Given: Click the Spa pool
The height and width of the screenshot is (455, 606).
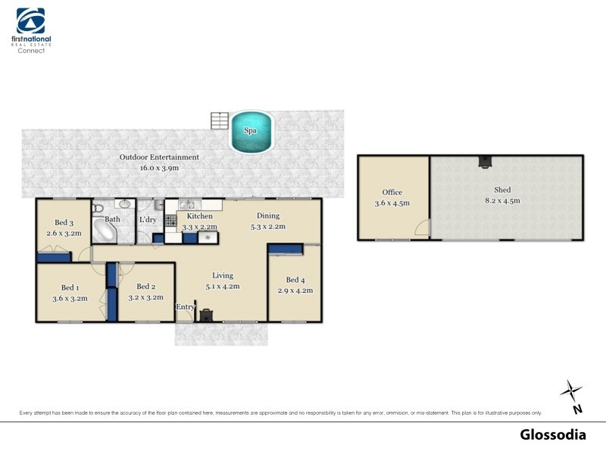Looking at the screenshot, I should (x=251, y=130).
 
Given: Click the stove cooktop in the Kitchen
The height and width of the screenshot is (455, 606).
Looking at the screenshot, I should (x=170, y=221).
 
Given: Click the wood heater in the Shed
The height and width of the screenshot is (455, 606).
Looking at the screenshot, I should (x=483, y=161).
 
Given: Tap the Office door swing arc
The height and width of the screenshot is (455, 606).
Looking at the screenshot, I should (x=424, y=227).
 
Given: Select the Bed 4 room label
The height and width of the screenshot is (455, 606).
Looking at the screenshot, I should (x=296, y=281).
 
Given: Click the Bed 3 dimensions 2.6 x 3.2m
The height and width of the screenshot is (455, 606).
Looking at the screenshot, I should (x=64, y=234).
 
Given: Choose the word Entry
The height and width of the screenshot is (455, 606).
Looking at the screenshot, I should (x=185, y=306).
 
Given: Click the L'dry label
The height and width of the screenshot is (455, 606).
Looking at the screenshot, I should (x=147, y=220).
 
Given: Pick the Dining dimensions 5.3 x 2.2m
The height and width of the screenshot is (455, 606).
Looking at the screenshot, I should (x=268, y=226).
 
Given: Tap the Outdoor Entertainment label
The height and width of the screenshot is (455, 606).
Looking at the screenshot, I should (x=159, y=157).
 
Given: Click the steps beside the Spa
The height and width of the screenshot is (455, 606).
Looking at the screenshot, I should (x=220, y=121).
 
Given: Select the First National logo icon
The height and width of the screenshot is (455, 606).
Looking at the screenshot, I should (x=31, y=20).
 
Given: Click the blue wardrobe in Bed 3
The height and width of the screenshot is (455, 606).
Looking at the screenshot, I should (x=54, y=258).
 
